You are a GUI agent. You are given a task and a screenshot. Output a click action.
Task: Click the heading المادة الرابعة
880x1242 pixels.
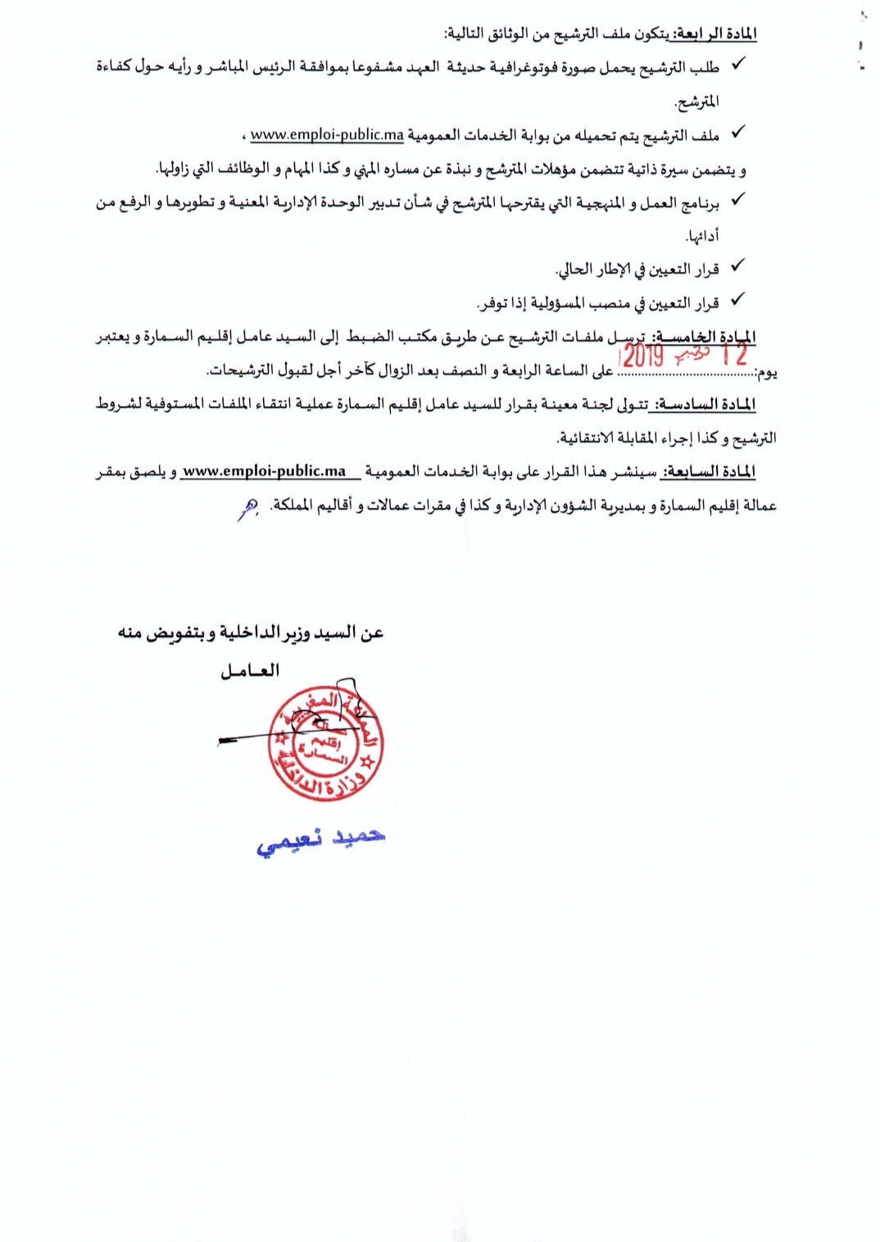tap(712, 34)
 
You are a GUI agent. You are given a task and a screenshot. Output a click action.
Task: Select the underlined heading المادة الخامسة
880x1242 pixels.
tap(710, 338)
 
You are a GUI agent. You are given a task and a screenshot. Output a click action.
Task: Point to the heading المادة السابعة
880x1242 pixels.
tap(710, 472)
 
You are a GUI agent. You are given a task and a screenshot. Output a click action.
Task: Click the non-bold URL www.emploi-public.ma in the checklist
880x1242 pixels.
tap(327, 134)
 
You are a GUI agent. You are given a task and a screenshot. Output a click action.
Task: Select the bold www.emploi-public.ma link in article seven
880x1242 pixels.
tap(264, 472)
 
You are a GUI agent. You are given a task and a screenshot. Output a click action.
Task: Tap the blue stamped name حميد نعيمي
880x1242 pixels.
tap(320, 841)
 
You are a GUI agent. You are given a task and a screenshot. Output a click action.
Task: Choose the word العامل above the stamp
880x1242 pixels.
tap(250, 671)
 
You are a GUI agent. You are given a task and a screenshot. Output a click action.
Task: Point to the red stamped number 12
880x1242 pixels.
tap(734, 356)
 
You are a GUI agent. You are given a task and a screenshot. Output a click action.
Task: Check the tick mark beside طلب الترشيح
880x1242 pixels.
tap(737, 64)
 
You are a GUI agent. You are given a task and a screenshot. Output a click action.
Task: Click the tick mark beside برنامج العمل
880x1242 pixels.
tap(737, 199)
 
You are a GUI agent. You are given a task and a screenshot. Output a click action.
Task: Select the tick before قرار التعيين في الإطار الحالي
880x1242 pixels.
tap(737, 266)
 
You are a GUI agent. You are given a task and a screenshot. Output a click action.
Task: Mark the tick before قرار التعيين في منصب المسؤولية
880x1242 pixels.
tap(737, 300)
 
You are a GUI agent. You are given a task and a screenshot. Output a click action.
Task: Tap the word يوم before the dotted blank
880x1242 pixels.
tap(767, 374)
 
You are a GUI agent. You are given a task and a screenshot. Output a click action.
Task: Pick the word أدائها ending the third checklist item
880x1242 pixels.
tap(703, 237)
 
